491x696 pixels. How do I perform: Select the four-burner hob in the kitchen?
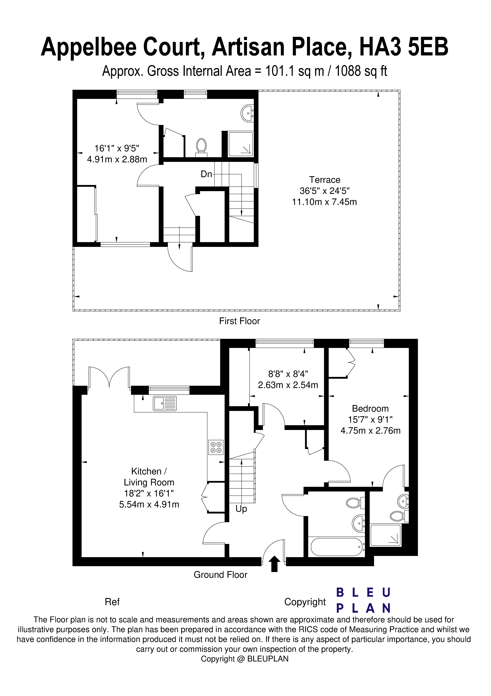pos(216,447)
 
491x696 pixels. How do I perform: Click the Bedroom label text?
pos(370,409)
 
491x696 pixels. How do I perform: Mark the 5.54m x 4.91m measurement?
pos(149,504)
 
